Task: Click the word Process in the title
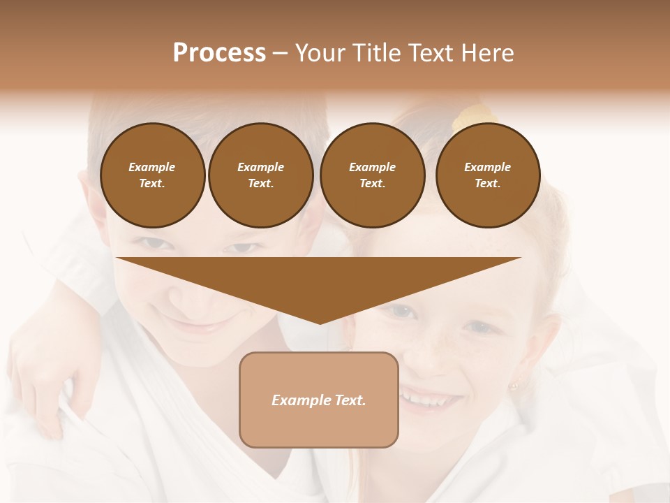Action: coord(219,52)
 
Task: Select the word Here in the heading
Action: coord(487,52)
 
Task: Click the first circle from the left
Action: coord(152,175)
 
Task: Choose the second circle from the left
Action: coord(260,175)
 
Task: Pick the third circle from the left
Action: coord(372,175)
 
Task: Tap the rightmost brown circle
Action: coord(487,175)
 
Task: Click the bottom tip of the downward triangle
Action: coord(320,322)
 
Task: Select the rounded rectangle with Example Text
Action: coord(319,400)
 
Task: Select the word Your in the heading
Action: coord(318,52)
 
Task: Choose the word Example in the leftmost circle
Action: coord(152,167)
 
